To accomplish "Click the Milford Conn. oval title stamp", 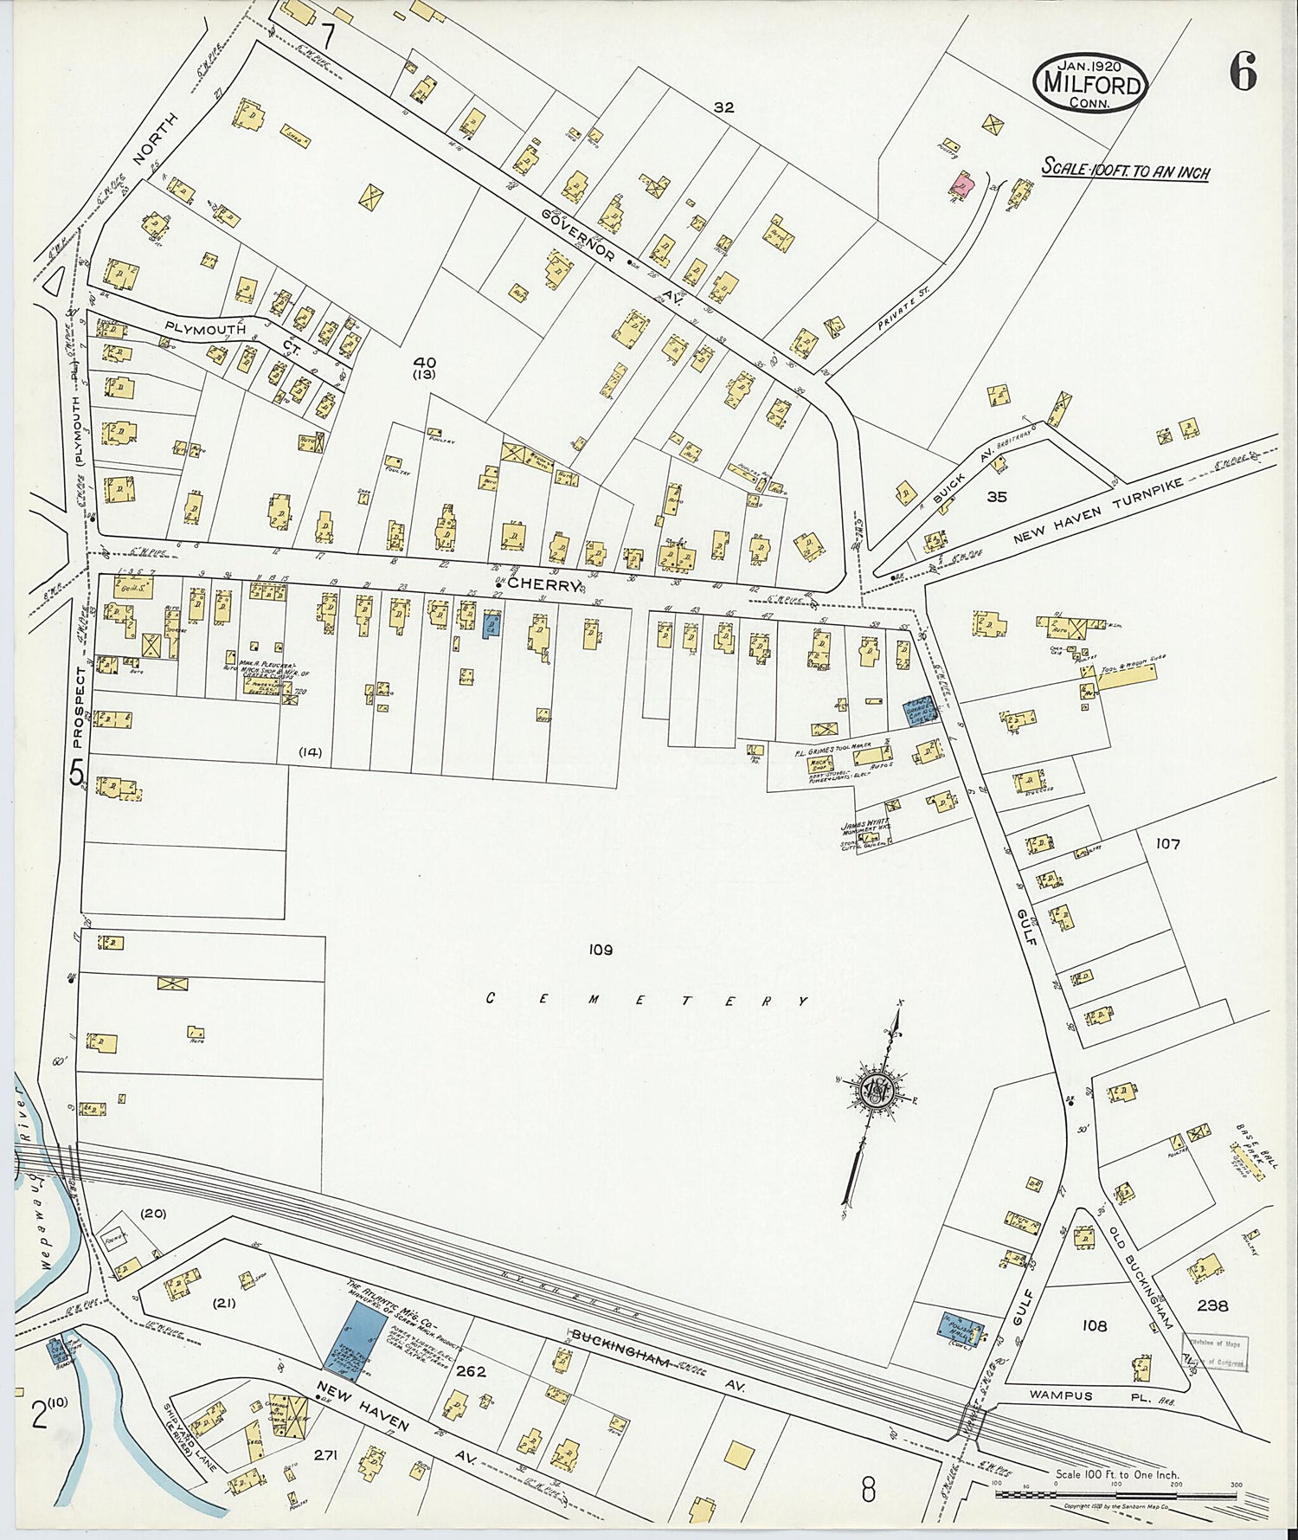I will [1090, 82].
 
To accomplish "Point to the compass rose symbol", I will [877, 1088].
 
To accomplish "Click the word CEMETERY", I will [647, 1001].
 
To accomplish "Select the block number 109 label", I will [601, 950].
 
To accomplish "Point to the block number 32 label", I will [723, 107].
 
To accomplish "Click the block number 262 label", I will [471, 1372].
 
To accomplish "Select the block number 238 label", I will [1211, 1305].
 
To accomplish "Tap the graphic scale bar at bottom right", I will [1116, 1494].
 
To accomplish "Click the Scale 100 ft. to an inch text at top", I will [1125, 170].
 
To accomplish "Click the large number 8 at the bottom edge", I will [869, 1491].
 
